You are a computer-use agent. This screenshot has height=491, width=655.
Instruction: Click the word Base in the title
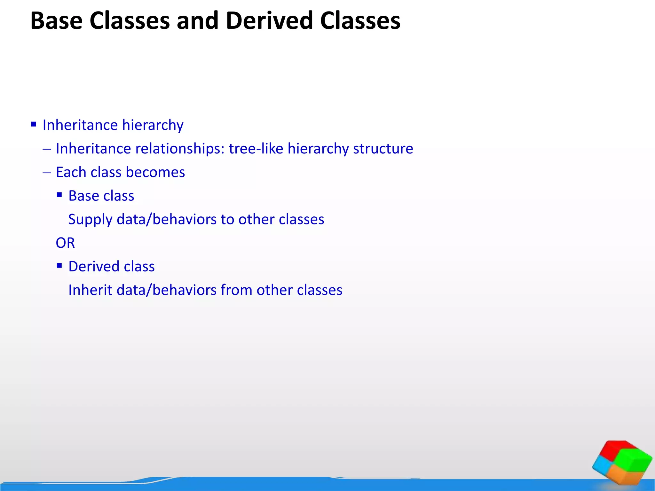point(56,21)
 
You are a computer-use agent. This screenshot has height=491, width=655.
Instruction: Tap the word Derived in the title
point(269,21)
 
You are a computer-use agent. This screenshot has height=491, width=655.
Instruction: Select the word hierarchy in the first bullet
point(153,125)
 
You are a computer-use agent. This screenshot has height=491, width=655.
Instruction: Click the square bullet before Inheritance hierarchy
point(34,124)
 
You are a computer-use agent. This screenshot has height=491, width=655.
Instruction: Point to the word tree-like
point(256,149)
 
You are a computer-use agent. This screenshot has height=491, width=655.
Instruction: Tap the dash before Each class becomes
point(47,173)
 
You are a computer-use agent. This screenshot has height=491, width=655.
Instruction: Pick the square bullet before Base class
point(59,195)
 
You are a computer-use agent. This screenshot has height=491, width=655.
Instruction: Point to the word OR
point(65,243)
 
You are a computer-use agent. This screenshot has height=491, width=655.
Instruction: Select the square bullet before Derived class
point(59,265)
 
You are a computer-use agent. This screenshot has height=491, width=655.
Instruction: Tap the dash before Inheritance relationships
point(47,149)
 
